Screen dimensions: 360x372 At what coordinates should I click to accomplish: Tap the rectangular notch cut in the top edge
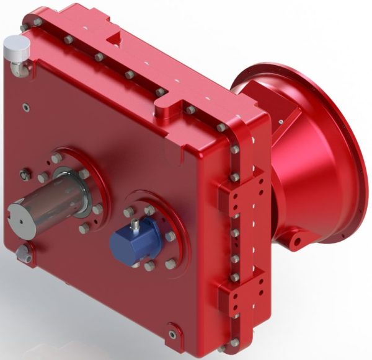pyautogui.click(x=114, y=41)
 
